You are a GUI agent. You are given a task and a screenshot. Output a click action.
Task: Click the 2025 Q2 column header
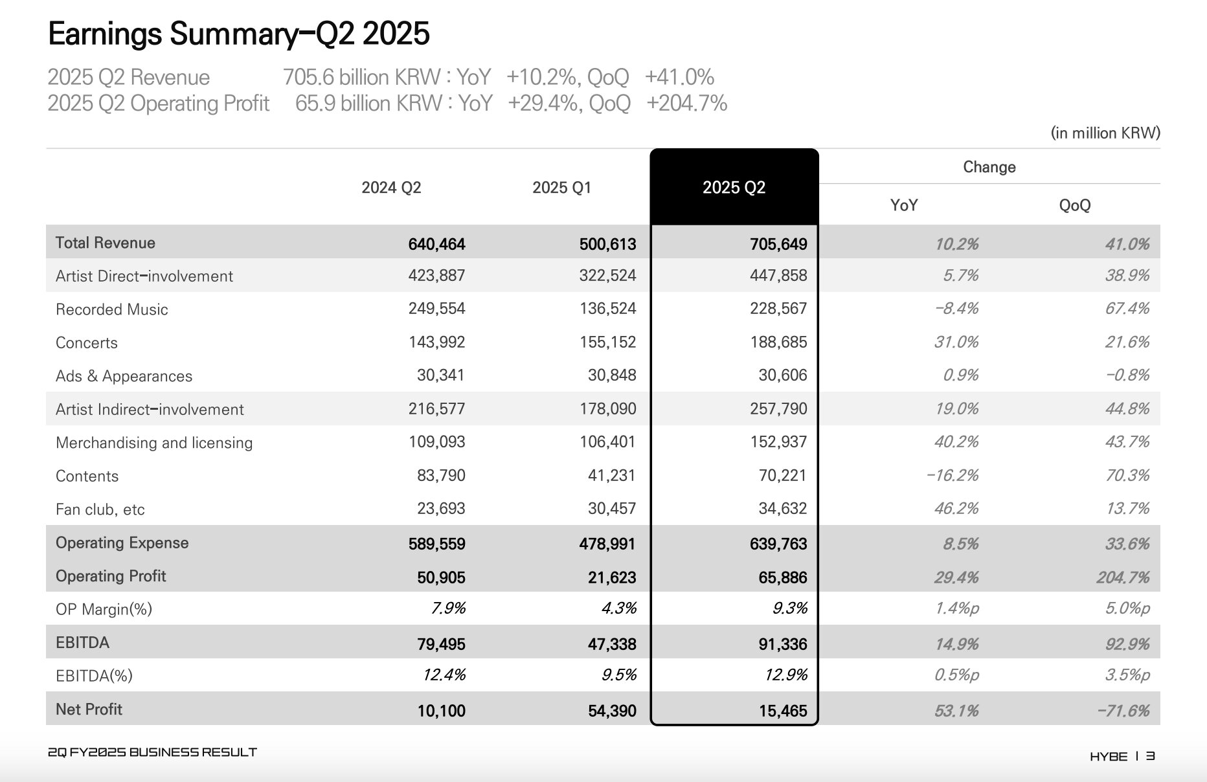[734, 188]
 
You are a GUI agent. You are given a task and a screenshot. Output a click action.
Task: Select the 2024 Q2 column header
[391, 188]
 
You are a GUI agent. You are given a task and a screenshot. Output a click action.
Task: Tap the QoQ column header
[1074, 205]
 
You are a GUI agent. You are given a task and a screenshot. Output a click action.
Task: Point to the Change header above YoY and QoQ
[989, 167]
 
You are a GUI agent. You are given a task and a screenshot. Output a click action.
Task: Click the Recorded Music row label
[112, 309]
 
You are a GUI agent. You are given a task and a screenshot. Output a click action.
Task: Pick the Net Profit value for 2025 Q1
[607, 710]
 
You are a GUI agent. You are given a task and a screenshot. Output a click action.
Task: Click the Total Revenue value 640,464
[436, 244]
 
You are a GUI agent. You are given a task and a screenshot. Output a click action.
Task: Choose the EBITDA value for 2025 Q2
[782, 644]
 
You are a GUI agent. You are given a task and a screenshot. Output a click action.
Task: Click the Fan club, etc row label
[100, 509]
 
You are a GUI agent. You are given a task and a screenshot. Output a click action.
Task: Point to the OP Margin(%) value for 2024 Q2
[447, 609]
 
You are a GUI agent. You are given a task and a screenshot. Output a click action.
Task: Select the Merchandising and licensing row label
[154, 443]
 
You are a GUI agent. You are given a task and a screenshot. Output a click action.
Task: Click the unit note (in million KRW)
[1105, 133]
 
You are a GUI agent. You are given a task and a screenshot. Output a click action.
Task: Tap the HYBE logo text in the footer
[1108, 756]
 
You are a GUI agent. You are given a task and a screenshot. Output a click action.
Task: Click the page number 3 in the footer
[1150, 756]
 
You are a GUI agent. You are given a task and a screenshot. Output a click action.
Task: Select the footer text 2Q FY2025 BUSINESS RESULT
[153, 752]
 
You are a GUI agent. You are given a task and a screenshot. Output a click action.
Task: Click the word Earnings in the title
[104, 34]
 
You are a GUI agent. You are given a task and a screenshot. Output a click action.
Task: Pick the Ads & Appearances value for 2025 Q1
[612, 375]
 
